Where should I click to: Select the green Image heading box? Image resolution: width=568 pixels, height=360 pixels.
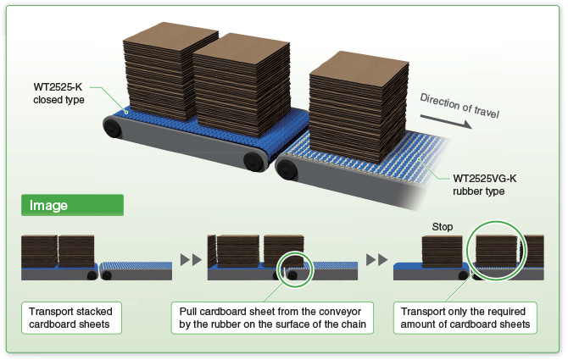(72, 205)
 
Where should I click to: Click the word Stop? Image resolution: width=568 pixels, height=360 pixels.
(443, 227)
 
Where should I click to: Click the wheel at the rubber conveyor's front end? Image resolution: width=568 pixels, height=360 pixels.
(288, 171)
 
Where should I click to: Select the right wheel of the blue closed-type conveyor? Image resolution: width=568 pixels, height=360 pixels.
(251, 160)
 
